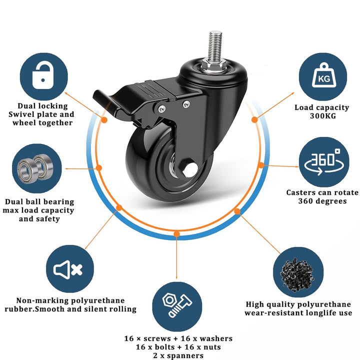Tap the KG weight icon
point(323,75)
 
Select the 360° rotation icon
point(324,162)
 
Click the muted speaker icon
point(67,269)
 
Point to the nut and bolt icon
point(177,305)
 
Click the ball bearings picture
point(35,169)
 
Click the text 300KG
point(323,115)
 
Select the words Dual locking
point(42,106)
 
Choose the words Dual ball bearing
point(39,201)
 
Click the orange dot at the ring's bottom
point(176,234)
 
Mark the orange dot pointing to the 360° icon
point(261,165)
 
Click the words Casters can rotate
point(322,192)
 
